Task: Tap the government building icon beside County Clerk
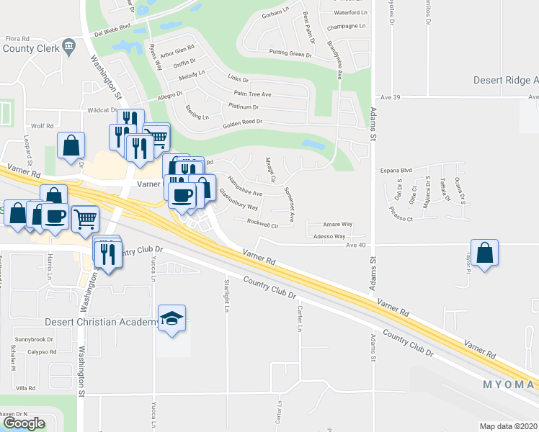pos(68,48)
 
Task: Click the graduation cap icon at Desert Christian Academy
pos(173,318)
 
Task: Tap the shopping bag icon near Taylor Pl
pos(486,253)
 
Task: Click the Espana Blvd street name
pos(396,170)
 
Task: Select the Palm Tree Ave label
pos(251,94)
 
